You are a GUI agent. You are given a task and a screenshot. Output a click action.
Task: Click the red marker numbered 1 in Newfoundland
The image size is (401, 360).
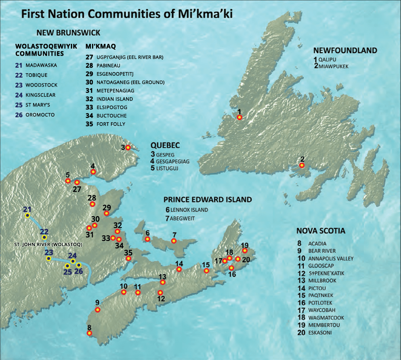pyautogui.click(x=240, y=117)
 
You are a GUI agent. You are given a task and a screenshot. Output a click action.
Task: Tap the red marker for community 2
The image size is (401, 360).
pyautogui.click(x=302, y=165)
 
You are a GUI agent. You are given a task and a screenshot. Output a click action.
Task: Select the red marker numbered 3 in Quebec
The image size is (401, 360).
pyautogui.click(x=127, y=148)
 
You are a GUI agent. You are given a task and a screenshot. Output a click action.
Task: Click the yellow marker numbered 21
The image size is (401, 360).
pyautogui.click(x=27, y=215)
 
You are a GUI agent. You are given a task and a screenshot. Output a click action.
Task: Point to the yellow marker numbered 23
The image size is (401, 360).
pyautogui.click(x=49, y=259)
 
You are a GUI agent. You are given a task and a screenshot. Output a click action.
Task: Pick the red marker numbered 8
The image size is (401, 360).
pyautogui.click(x=89, y=333)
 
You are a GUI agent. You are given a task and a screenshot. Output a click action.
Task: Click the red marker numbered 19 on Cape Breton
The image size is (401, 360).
pyautogui.click(x=245, y=251)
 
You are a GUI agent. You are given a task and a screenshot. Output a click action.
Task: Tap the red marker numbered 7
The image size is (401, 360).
pyautogui.click(x=174, y=241)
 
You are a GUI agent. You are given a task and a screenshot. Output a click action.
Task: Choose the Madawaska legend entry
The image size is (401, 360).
pyautogui.click(x=41, y=65)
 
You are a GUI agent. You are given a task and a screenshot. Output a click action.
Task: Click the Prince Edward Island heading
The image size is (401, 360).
pyautogui.click(x=208, y=199)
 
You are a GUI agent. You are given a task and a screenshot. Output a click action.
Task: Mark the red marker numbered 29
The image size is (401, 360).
pyautogui.click(x=107, y=213)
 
